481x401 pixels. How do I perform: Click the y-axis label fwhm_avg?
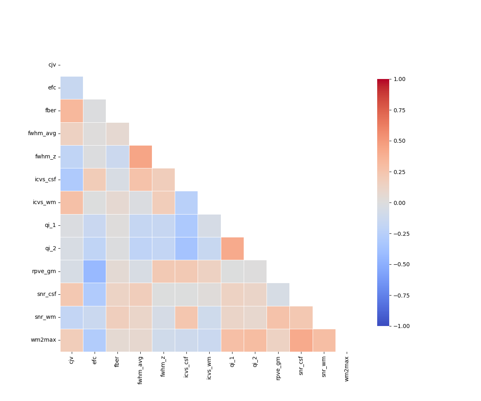(x=42, y=134)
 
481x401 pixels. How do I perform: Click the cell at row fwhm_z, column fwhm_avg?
(x=141, y=157)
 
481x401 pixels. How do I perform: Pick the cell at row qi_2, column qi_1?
(x=232, y=249)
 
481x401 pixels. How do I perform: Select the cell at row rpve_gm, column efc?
(x=95, y=271)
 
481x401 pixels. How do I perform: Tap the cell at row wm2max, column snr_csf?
(x=301, y=340)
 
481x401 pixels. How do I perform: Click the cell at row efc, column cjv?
(x=72, y=88)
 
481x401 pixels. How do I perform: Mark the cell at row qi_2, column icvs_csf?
(x=186, y=249)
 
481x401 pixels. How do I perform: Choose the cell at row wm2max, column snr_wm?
(x=324, y=340)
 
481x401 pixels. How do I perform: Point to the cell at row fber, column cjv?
(x=72, y=111)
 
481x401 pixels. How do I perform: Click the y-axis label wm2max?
(x=43, y=340)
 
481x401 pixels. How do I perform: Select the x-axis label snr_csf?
(x=301, y=367)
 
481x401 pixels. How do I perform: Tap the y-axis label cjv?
(x=52, y=65)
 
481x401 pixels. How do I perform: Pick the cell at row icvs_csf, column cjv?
(x=72, y=180)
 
